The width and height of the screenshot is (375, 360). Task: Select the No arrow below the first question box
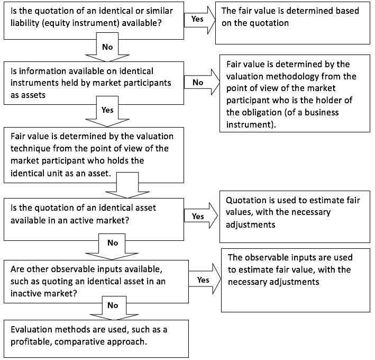(107, 47)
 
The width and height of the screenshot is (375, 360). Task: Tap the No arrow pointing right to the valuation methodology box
(202, 83)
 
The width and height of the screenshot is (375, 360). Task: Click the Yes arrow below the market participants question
(107, 111)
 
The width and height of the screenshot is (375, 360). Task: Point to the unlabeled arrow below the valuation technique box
(127, 185)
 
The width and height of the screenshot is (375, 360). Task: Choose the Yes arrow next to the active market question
(201, 215)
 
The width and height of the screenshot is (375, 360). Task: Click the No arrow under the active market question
(112, 247)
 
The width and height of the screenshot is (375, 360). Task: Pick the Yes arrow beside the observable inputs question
(205, 279)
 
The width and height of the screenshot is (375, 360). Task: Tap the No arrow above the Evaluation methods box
(114, 308)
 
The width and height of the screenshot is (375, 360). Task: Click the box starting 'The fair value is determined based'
(292, 23)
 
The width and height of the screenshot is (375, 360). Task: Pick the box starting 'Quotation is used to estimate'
(295, 217)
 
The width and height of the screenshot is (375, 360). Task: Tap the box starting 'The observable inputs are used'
(296, 280)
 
